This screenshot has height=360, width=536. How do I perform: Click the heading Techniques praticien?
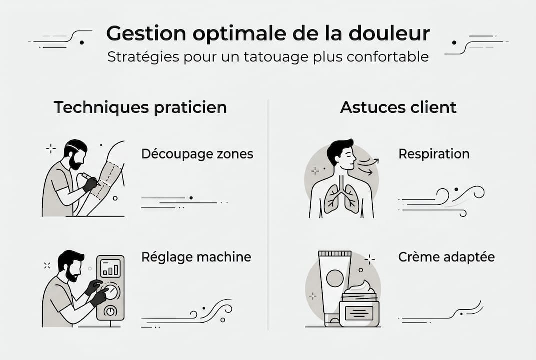[x=140, y=107]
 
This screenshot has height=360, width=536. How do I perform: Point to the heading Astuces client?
[x=398, y=107]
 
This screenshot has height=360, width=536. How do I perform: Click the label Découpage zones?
[x=197, y=154]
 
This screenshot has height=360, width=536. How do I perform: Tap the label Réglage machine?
[x=196, y=257]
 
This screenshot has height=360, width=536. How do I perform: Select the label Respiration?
[x=434, y=154]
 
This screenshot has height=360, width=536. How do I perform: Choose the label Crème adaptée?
[x=446, y=257]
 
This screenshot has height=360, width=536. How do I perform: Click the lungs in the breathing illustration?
[x=341, y=199]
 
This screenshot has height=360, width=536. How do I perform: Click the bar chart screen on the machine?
[x=110, y=269]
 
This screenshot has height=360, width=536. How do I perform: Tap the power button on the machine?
[x=110, y=311]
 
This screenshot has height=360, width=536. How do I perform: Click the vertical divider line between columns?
[x=268, y=215]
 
